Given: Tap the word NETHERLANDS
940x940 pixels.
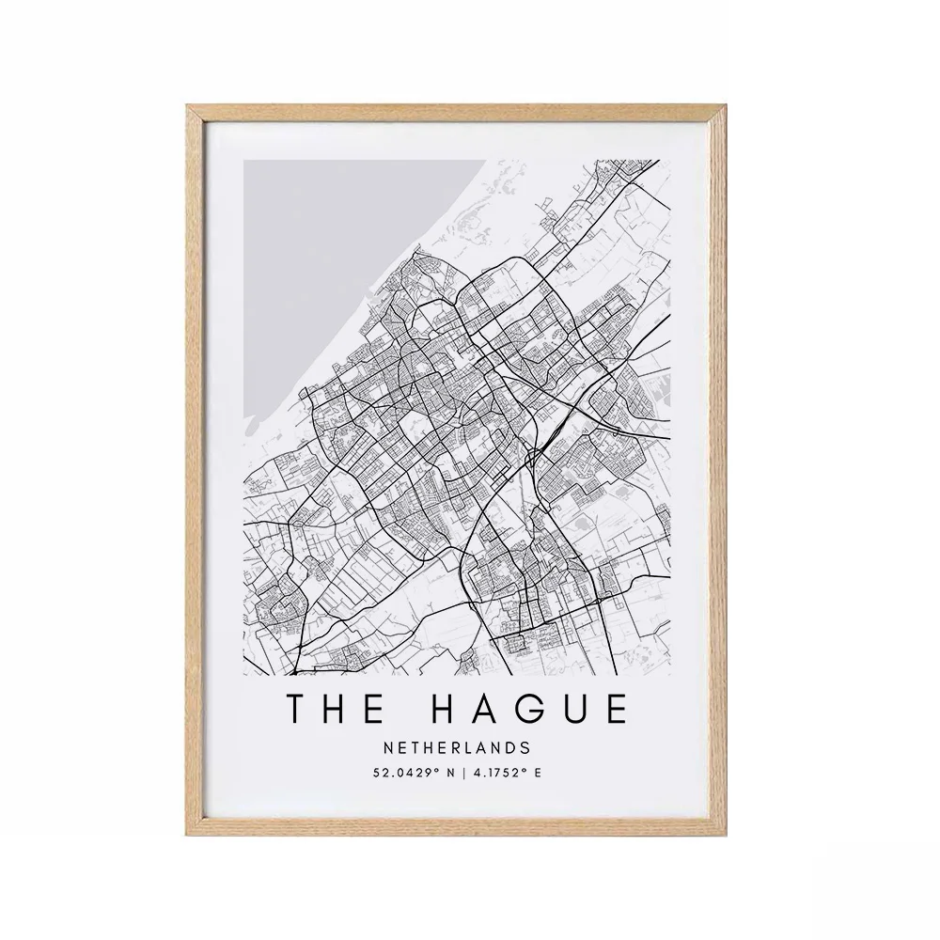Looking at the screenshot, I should click(x=457, y=748).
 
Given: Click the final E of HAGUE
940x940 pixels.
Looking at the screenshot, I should click(x=617, y=710).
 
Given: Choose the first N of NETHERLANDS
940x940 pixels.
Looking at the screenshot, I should click(x=389, y=748).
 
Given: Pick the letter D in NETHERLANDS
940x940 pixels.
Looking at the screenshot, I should click(x=510, y=748).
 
